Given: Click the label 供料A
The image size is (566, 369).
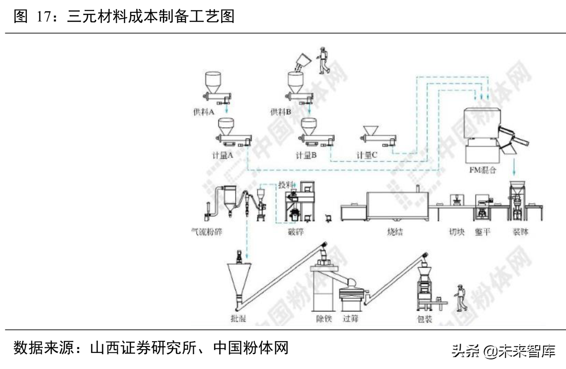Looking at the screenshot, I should click(x=204, y=112).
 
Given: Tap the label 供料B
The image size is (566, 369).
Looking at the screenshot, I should click(x=281, y=112).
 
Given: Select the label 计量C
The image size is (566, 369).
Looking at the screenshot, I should click(x=367, y=155).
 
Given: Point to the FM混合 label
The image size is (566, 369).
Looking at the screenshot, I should click(x=483, y=170).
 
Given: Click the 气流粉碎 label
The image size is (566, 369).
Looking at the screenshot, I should click(x=207, y=232).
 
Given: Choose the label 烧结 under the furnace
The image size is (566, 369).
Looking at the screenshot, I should click(x=395, y=232).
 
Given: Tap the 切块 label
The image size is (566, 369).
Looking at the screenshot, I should click(x=457, y=232).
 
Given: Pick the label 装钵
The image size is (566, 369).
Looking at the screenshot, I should click(x=520, y=232).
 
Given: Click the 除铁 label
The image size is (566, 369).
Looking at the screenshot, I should click(x=324, y=318).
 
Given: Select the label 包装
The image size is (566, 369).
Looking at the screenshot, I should click(x=425, y=319).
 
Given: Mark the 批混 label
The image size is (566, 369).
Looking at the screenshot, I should click(x=238, y=318).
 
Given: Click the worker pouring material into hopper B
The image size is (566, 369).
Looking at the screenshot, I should click(x=323, y=60).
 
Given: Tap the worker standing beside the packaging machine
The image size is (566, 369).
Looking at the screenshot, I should click(x=461, y=298).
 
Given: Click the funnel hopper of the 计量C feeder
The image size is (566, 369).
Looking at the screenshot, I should click(x=371, y=130).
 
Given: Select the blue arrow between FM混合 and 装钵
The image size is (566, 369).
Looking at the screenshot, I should click(x=514, y=167).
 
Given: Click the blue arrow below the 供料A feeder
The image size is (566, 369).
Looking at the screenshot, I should click(x=227, y=109).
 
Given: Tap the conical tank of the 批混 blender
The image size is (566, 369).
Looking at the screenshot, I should click(x=239, y=279).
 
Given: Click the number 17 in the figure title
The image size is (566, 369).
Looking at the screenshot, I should click(x=43, y=16).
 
